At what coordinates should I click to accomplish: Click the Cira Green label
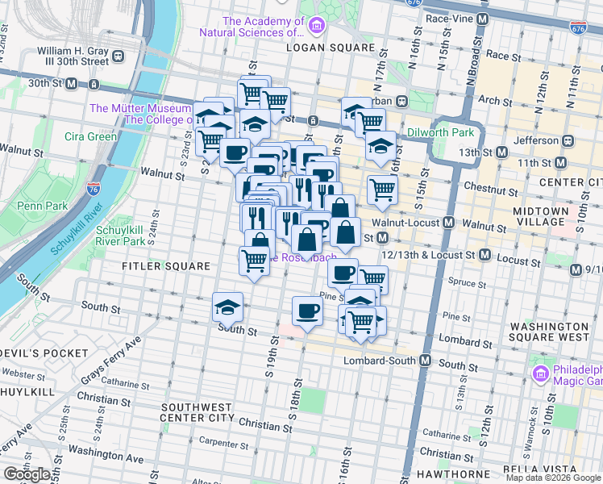pyautogui.click(x=91, y=136)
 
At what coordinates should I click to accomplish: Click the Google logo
pyautogui.click(x=27, y=474)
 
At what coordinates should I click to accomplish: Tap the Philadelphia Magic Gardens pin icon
pyautogui.click(x=539, y=372)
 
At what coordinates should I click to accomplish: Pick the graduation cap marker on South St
pyautogui.click(x=228, y=307)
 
